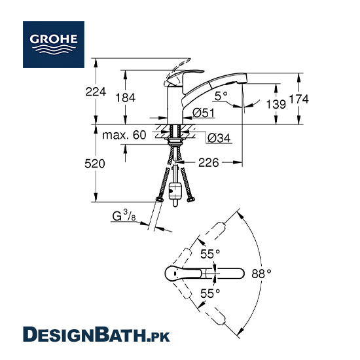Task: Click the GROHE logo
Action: pos(54,45)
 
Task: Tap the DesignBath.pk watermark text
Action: pos(96,334)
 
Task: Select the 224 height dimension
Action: pos(96,92)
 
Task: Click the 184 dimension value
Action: pos(126,98)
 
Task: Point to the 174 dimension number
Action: pos(298,99)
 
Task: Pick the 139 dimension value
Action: pos(276,104)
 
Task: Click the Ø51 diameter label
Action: pos(204,113)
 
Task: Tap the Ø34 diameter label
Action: pos(219,138)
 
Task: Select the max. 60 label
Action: pos(124,135)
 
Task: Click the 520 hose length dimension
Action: pos(95,164)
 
